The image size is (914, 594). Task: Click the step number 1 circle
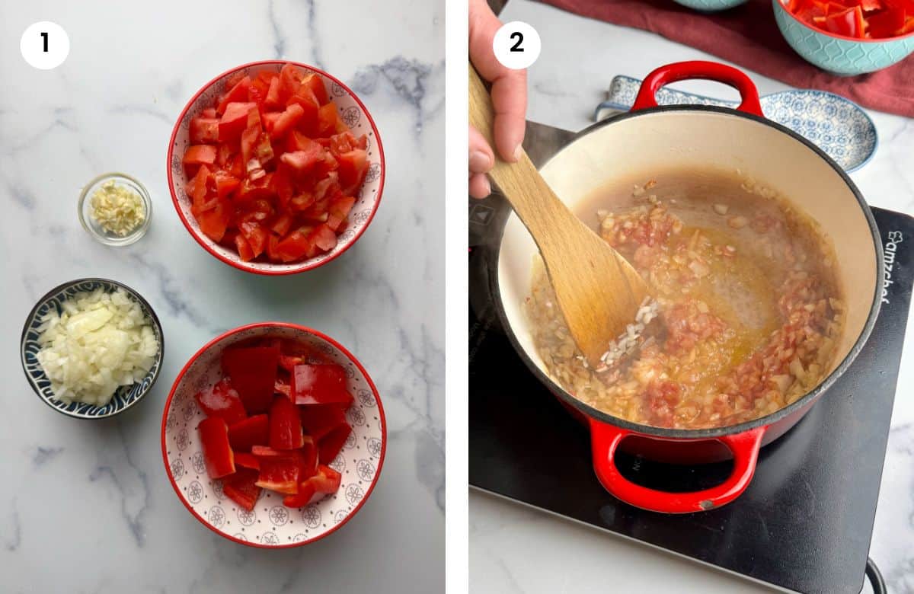click(45, 44)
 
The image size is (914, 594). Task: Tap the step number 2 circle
click(516, 44)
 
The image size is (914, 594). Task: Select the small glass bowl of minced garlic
click(115, 209)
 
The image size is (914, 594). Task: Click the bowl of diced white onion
click(91, 348)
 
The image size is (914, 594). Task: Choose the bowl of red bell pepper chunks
click(273, 434)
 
